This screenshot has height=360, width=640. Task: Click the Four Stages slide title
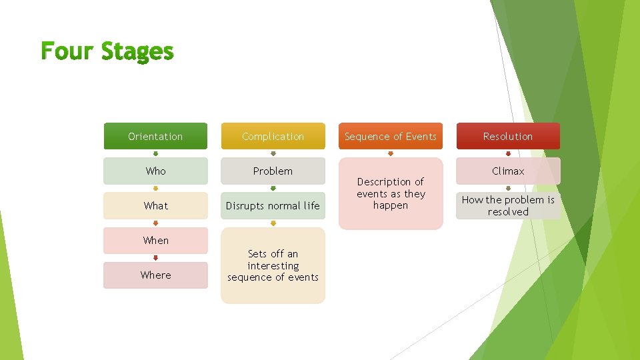click(x=107, y=51)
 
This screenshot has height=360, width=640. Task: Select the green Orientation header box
click(x=155, y=136)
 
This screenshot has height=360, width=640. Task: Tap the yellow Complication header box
click(x=273, y=136)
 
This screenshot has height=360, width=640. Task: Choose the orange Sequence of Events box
click(x=391, y=136)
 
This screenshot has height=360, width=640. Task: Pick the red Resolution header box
click(x=508, y=136)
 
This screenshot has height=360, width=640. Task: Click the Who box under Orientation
click(x=155, y=171)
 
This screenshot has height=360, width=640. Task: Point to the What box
click(x=155, y=205)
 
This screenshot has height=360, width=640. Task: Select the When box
click(x=155, y=240)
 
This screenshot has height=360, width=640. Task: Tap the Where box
click(x=155, y=275)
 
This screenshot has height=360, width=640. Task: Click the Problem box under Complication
click(x=273, y=171)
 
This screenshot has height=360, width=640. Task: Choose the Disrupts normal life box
click(x=273, y=205)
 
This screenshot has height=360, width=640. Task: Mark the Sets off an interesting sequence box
click(x=273, y=265)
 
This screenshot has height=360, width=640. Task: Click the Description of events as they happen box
click(x=391, y=193)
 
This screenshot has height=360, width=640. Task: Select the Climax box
click(x=508, y=171)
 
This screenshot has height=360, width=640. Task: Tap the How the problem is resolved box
click(x=508, y=205)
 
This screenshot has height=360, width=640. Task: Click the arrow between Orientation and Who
click(x=155, y=153)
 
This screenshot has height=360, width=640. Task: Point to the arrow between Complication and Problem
click(x=273, y=153)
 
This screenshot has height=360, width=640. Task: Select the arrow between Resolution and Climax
click(x=508, y=153)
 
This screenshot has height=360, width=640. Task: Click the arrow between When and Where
click(x=155, y=257)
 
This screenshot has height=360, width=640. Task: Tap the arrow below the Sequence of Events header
click(x=391, y=153)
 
